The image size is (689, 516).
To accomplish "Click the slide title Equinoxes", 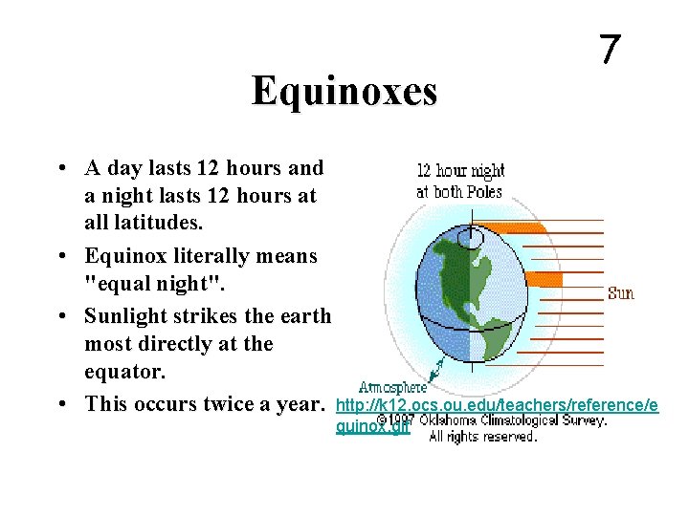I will click(x=344, y=92).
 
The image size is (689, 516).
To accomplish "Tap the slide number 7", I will click(x=609, y=50).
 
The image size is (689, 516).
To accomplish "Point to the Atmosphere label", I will click(x=392, y=387).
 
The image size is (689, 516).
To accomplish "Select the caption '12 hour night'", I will click(x=460, y=172).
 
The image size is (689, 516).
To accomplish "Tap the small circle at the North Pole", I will click(x=470, y=234).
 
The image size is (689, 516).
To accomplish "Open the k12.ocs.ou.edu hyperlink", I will click(x=496, y=406).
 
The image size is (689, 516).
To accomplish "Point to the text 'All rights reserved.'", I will click(x=482, y=437).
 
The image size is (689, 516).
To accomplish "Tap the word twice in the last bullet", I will click(x=229, y=403).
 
